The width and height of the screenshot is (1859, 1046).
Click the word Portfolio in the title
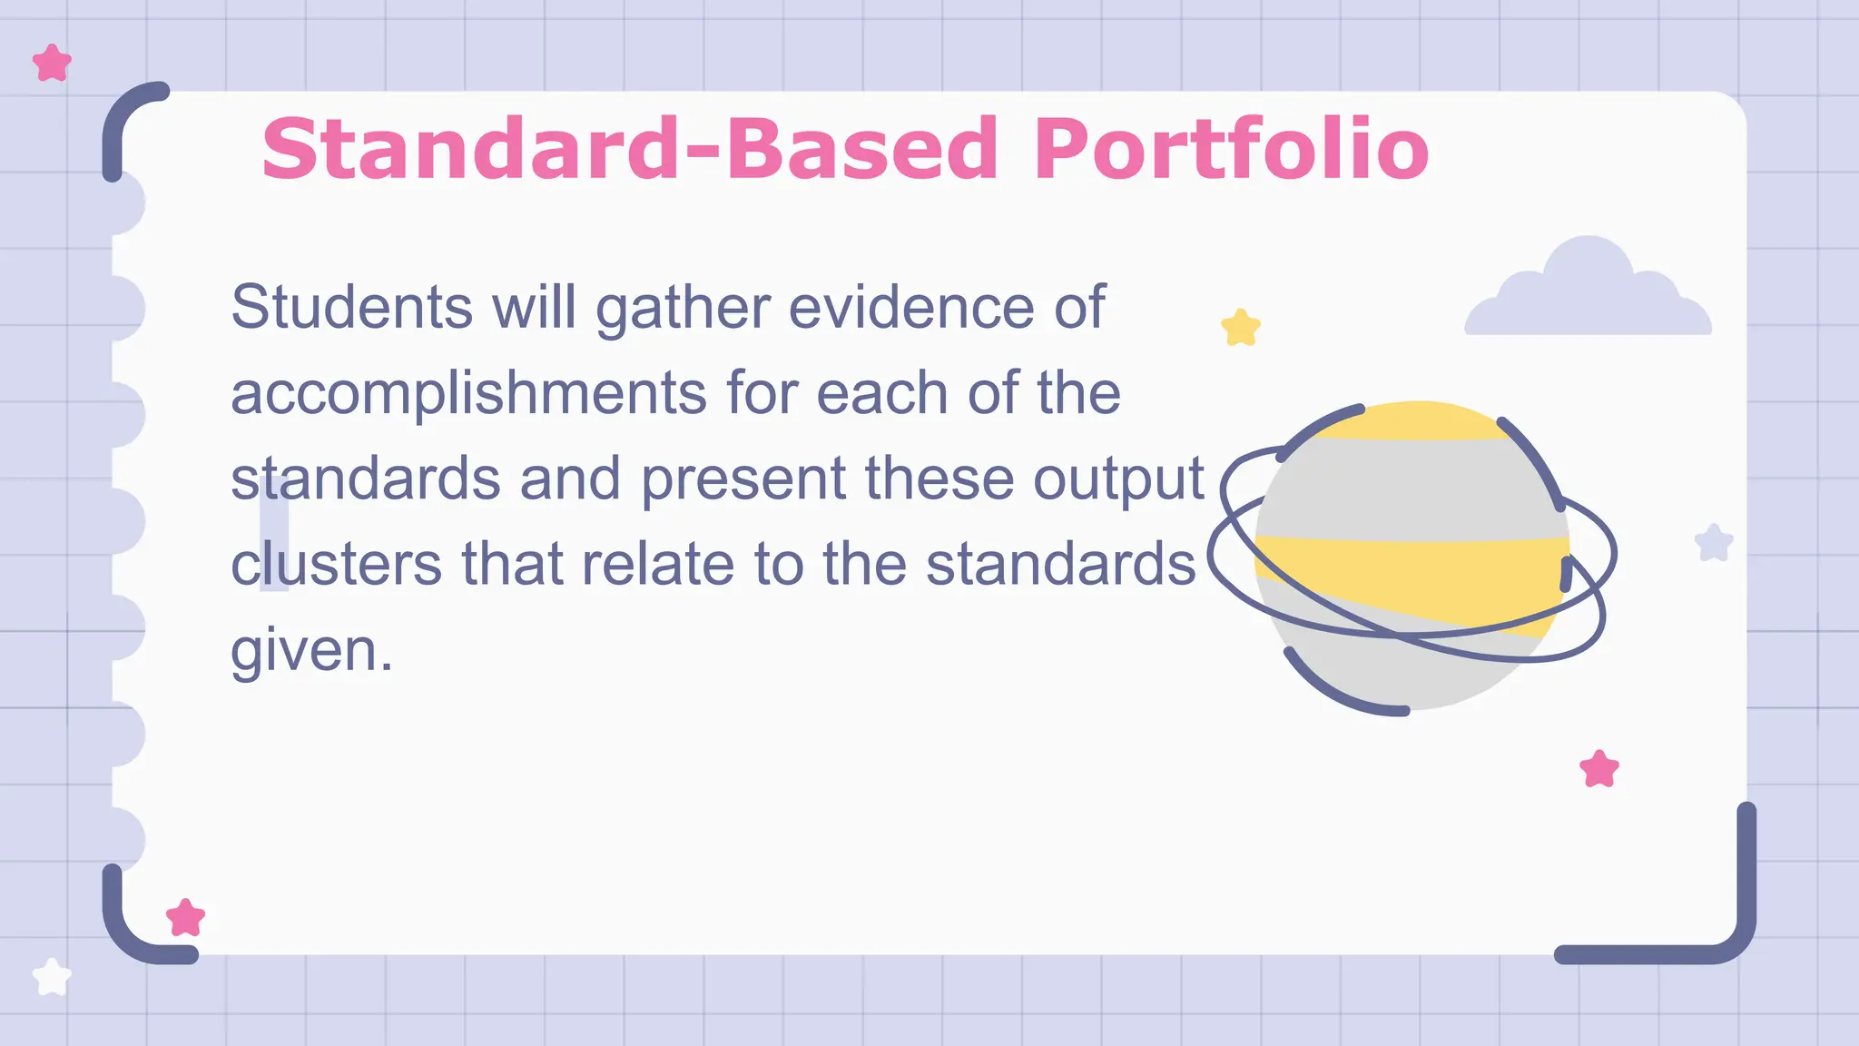coord(1230,149)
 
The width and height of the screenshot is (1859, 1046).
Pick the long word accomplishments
coord(468,394)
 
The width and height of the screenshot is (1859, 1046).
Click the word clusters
coord(337,564)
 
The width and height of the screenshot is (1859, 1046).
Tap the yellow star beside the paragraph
coord(1241,328)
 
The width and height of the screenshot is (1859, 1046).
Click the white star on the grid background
coord(52,978)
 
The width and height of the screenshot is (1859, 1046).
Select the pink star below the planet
coord(1599,769)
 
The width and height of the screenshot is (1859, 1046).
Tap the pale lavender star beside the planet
coord(1714,543)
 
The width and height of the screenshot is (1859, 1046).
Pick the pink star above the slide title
coord(52,64)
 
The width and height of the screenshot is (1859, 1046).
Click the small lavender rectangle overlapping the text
coord(274,533)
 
